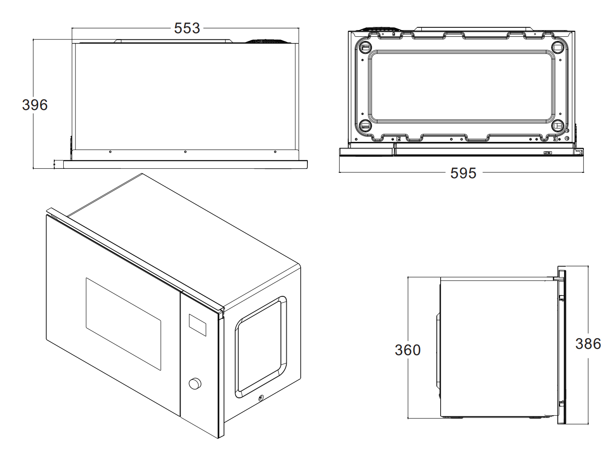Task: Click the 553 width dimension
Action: (187, 28)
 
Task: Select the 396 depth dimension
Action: (35, 105)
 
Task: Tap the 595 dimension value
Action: (463, 173)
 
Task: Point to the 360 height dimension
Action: (407, 350)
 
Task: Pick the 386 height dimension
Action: (588, 343)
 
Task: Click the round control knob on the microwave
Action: (195, 383)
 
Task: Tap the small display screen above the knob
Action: (197, 325)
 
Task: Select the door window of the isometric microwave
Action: (123, 324)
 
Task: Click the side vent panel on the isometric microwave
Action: (261, 347)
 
